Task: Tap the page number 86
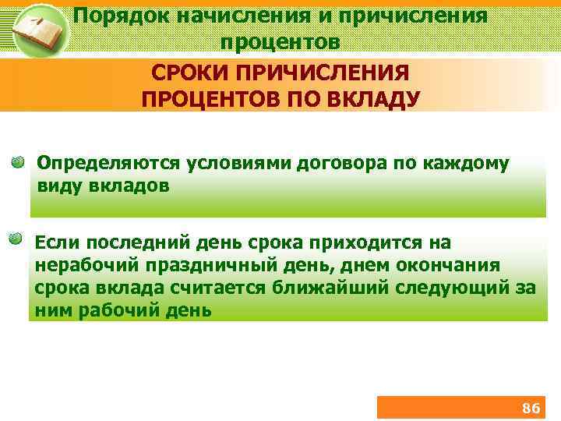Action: point(531,409)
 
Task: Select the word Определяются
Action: point(114,165)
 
